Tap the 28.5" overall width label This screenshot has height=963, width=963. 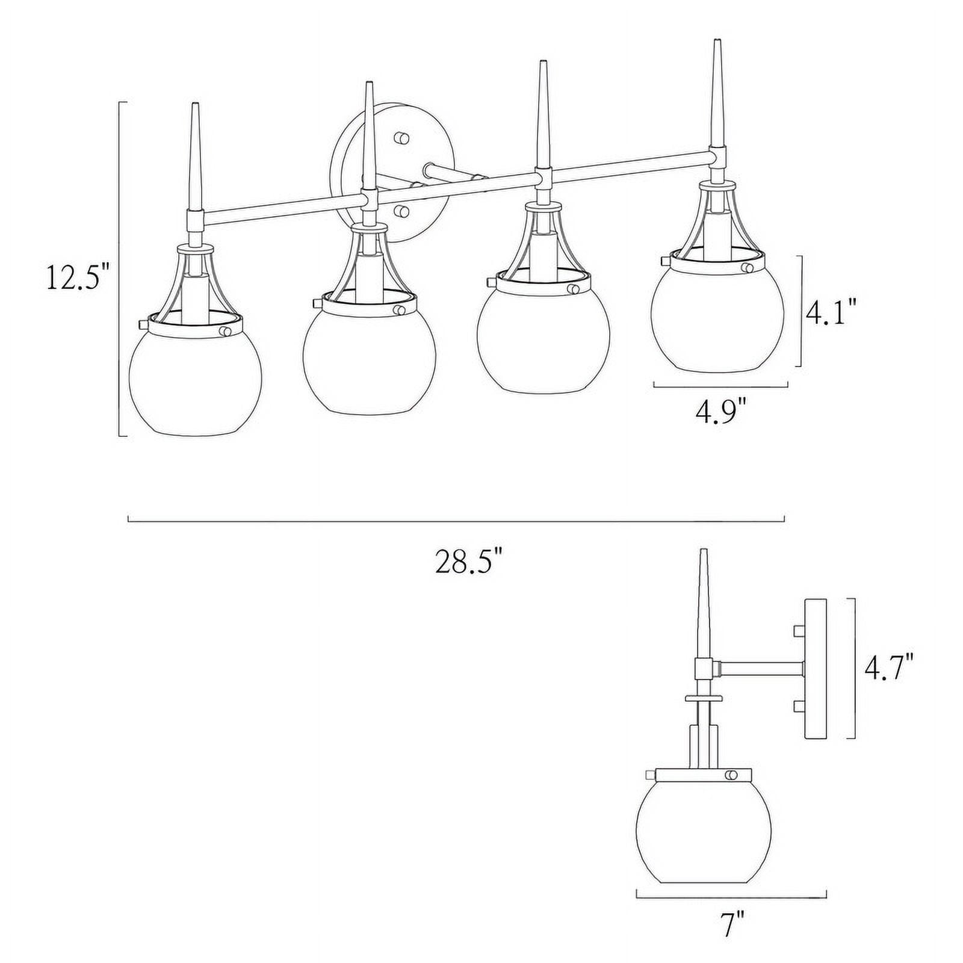tap(468, 563)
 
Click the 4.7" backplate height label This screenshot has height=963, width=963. tap(889, 669)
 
